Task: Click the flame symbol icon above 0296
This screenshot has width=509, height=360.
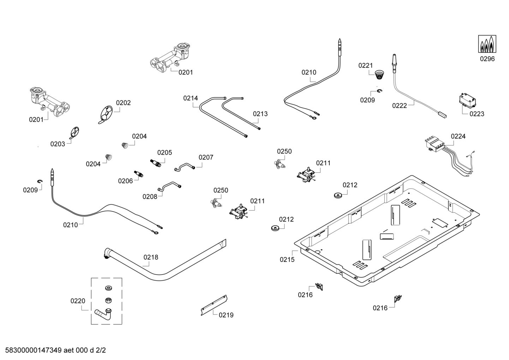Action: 487,44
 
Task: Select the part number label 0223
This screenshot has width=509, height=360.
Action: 477,114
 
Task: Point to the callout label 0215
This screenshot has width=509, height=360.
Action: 287,260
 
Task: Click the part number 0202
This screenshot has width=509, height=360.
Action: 123,103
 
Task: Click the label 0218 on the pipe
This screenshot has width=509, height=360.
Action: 151,257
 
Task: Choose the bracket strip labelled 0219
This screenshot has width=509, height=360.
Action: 214,305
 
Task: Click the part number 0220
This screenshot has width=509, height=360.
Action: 78,301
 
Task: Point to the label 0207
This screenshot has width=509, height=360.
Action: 206,157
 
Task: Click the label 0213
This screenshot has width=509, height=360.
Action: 260,114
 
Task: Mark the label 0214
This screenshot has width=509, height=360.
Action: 191,98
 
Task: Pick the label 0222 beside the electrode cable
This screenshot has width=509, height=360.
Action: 400,105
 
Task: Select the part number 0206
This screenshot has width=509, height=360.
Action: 125,181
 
